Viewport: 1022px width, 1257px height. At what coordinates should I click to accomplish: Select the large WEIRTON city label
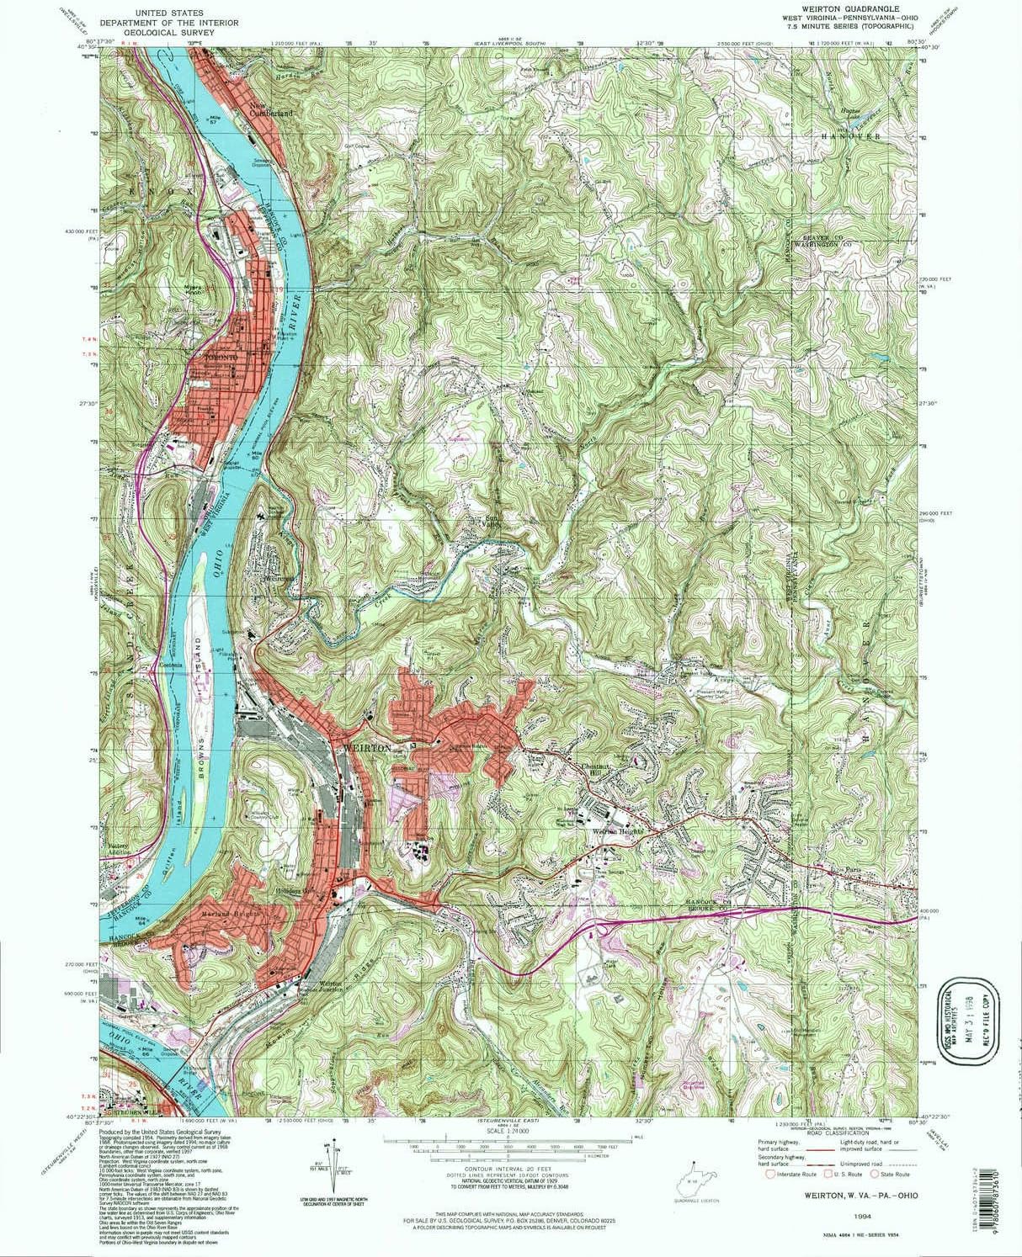tap(366, 747)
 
